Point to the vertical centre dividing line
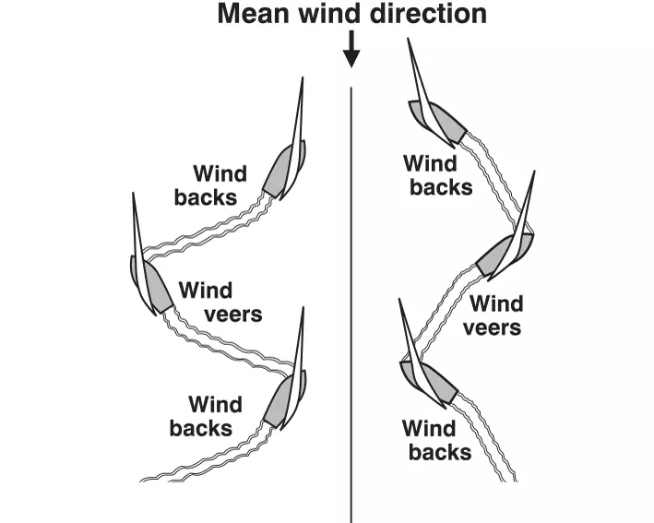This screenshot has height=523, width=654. (351, 304)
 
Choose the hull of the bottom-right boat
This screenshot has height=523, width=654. (432, 383)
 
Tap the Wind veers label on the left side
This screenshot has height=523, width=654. (220, 303)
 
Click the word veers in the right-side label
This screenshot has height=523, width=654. (492, 327)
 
